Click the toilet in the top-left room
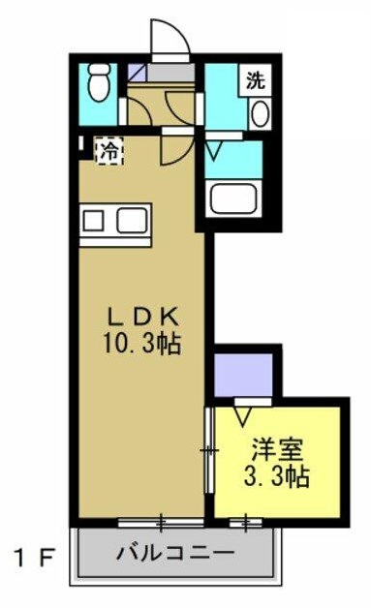pyautogui.click(x=96, y=88)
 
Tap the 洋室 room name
pyautogui.click(x=278, y=449)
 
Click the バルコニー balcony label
pyautogui.click(x=175, y=555)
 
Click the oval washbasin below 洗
pyautogui.click(x=260, y=113)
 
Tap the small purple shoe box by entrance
pyautogui.click(x=137, y=72)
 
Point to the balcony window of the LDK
pyautogui.click(x=161, y=524)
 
